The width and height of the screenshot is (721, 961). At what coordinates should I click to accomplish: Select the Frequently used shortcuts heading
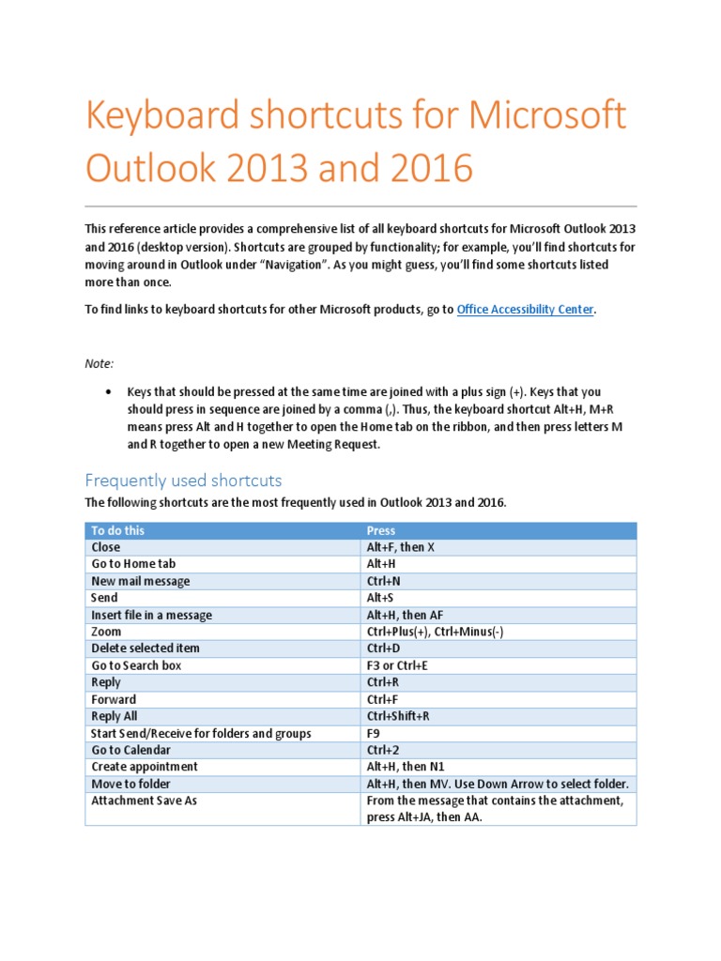[x=183, y=480]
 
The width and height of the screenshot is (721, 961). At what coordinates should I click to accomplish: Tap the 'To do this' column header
[x=118, y=530]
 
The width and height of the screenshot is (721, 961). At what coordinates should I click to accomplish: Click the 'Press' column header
[x=381, y=530]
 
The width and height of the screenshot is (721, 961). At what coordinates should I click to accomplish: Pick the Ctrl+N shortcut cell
[x=383, y=581]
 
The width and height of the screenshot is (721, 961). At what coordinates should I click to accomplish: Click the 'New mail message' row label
[x=140, y=581]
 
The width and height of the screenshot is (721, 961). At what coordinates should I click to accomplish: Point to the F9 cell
[x=374, y=733]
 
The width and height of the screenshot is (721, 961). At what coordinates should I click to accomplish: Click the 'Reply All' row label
[x=114, y=716]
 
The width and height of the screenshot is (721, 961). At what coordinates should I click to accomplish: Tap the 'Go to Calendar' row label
[x=130, y=750]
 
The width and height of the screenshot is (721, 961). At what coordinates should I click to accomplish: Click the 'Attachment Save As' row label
[x=144, y=801]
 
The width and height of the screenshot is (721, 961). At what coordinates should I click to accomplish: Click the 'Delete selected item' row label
[x=145, y=648]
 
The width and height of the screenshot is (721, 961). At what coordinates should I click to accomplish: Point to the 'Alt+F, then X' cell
[x=401, y=547]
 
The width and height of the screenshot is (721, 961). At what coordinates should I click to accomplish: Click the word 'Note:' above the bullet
[x=100, y=362]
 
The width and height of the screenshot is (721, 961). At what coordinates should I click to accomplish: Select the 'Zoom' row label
[x=105, y=632]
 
